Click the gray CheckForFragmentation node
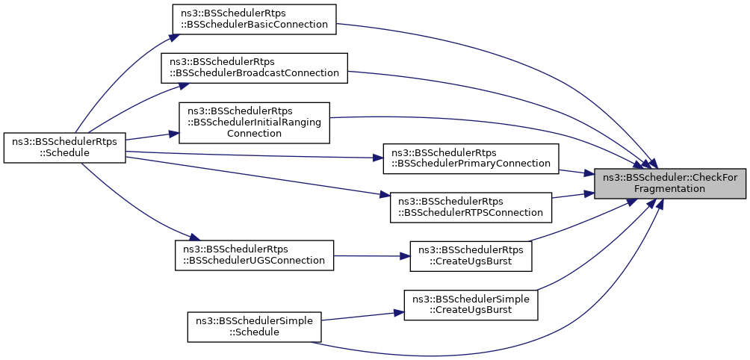click(669, 184)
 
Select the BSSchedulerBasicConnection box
click(255, 19)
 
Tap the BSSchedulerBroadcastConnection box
click(254, 68)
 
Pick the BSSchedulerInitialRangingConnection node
click(254, 122)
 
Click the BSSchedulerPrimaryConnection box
click(471, 158)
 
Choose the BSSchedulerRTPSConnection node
click(471, 207)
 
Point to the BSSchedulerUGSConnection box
click(254, 255)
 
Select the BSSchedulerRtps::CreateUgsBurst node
click(471, 257)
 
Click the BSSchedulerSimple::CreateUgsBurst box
click(471, 305)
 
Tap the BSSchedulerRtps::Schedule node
click(64, 148)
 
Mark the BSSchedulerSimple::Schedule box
click(254, 327)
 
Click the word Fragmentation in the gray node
click(669, 189)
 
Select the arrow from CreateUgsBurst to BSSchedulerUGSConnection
click(372, 255)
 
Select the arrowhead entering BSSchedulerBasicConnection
click(175, 37)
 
